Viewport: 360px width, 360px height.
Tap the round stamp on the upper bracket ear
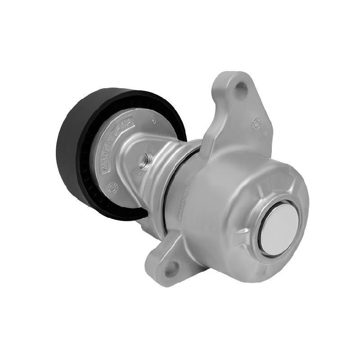point(257,122)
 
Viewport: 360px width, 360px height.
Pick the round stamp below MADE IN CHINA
point(113,186)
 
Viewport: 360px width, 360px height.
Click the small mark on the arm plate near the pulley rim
point(154,121)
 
